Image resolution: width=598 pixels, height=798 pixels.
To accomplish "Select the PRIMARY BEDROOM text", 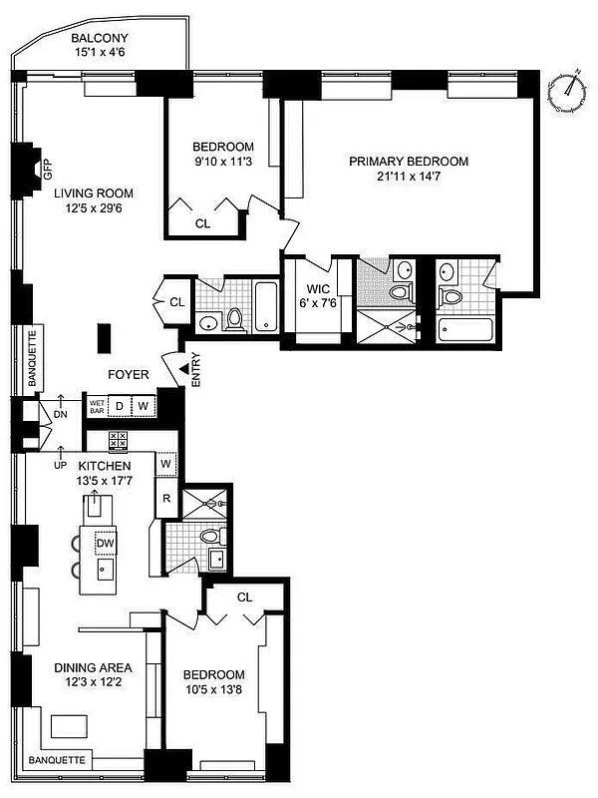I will (x=408, y=161).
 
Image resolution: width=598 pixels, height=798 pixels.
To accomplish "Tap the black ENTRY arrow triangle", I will (x=183, y=371).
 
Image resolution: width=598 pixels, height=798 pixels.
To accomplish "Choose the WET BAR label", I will (x=97, y=407).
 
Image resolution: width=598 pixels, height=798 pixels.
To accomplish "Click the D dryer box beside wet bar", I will (x=120, y=406).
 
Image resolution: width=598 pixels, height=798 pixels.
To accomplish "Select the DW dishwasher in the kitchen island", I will (x=104, y=543).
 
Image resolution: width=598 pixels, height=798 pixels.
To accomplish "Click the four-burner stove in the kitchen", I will (x=118, y=440).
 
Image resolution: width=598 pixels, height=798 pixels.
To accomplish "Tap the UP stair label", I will (x=61, y=464).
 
